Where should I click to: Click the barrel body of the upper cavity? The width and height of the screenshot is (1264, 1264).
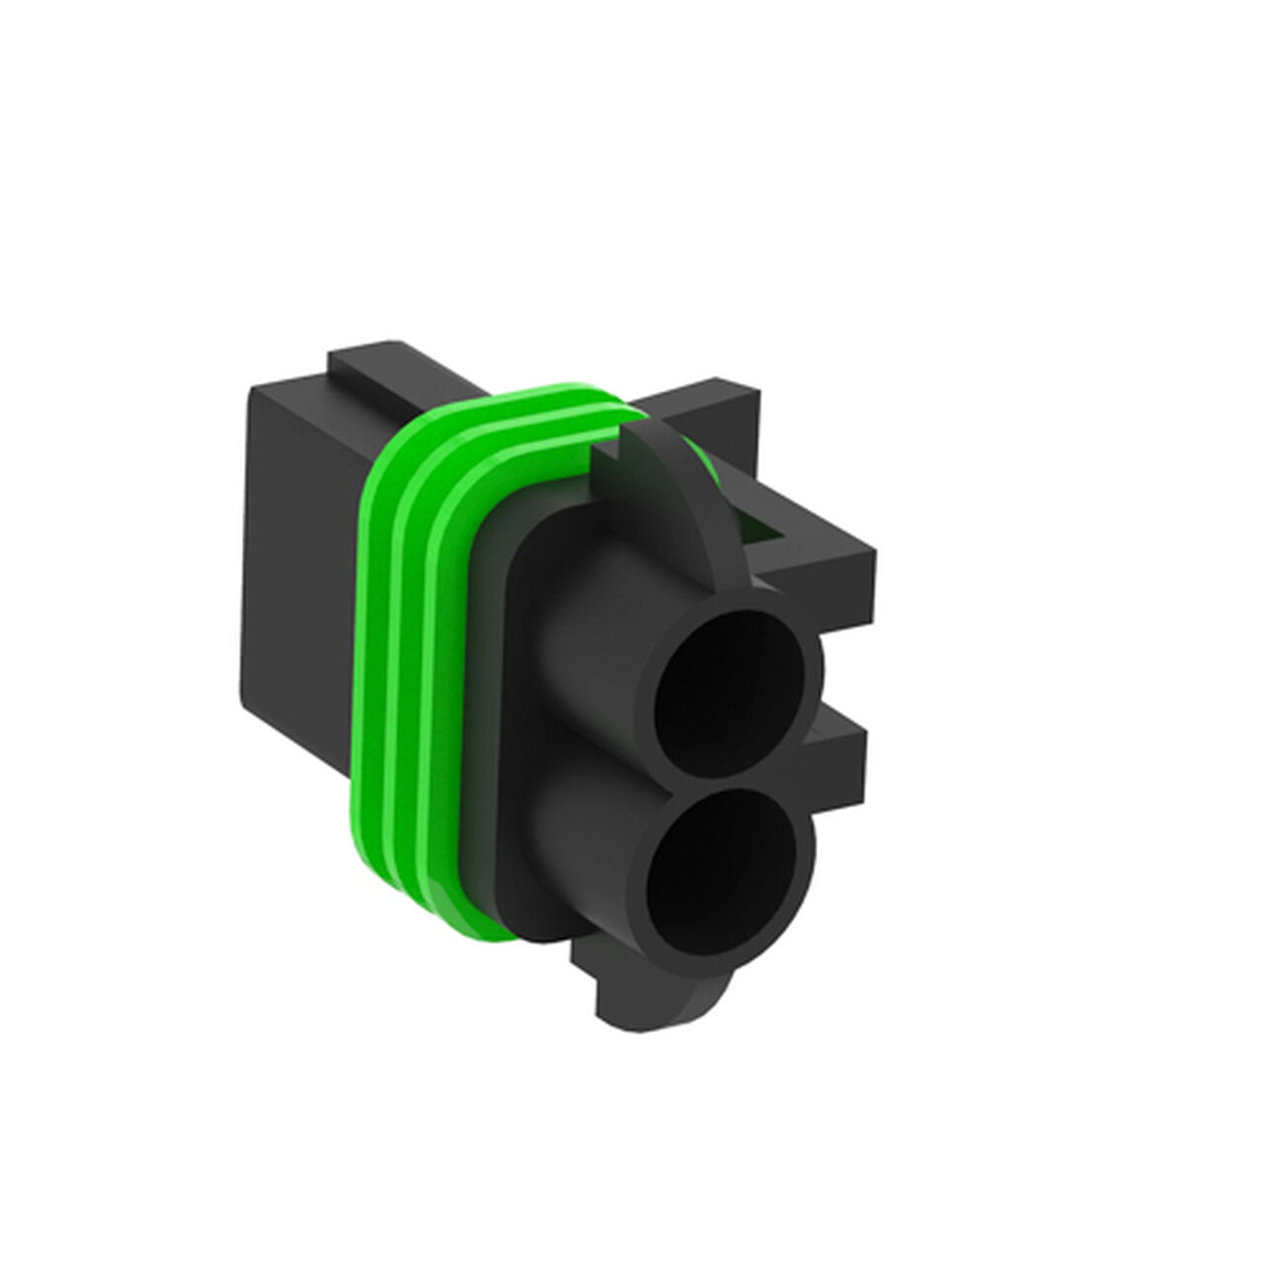coord(583,632)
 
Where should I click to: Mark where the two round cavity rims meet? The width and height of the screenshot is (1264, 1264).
coord(736,780)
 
